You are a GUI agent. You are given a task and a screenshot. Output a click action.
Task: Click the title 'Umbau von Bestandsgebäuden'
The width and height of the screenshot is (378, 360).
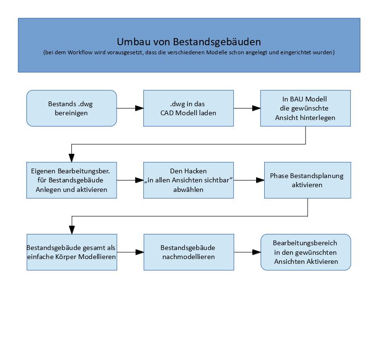pyautogui.click(x=189, y=42)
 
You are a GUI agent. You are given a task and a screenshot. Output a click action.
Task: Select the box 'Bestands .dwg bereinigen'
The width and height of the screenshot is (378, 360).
pyautogui.click(x=71, y=109)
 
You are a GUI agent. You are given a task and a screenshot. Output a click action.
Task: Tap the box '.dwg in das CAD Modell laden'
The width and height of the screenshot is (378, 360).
pyautogui.click(x=189, y=109)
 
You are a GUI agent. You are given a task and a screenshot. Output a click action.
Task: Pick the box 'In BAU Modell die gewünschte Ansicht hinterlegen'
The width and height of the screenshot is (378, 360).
pyautogui.click(x=305, y=109)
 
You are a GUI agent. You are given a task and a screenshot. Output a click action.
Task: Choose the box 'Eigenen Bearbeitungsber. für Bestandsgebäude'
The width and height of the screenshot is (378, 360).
pyautogui.click(x=71, y=180)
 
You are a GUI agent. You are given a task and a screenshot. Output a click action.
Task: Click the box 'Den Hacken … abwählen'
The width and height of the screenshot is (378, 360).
pyautogui.click(x=189, y=180)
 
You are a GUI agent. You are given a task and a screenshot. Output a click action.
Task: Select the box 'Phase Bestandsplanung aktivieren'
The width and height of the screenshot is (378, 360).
pyautogui.click(x=307, y=180)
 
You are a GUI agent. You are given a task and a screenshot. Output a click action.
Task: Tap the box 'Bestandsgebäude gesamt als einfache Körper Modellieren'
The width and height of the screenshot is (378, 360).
pyautogui.click(x=71, y=252)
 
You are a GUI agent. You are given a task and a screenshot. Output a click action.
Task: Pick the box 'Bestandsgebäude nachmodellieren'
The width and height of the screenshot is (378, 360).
pyautogui.click(x=189, y=252)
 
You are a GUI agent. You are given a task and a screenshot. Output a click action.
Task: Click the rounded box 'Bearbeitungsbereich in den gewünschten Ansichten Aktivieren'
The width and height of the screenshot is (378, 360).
pyautogui.click(x=305, y=252)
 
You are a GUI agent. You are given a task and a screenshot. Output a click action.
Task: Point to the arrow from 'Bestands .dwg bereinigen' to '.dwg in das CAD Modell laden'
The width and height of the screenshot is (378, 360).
pyautogui.click(x=130, y=109)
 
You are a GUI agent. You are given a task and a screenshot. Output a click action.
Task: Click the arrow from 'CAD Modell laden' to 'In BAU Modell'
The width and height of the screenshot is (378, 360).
pyautogui.click(x=247, y=109)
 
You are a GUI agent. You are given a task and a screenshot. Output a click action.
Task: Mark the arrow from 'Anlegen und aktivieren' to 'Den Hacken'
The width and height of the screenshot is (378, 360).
pyautogui.click(x=130, y=180)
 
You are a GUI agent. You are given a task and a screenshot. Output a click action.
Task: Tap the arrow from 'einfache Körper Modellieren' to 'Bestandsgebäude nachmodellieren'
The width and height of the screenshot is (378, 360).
pyautogui.click(x=130, y=252)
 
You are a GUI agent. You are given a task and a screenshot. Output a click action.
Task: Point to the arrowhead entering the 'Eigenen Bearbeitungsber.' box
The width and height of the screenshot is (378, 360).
pyautogui.click(x=71, y=159)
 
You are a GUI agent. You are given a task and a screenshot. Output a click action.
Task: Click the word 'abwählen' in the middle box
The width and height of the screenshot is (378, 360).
pyautogui.click(x=188, y=189)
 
